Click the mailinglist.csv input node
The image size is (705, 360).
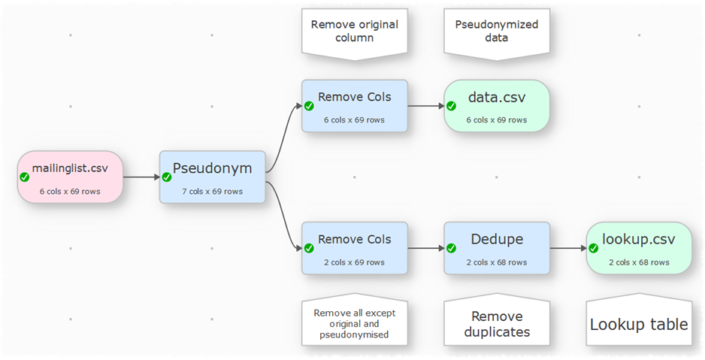[70, 177]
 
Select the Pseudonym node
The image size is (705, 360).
[212, 177]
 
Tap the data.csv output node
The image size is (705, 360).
[496, 106]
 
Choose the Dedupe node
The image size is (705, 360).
[496, 248]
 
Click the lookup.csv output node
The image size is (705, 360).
[638, 248]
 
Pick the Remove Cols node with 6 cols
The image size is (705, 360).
[354, 106]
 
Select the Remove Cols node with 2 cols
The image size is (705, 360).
[354, 248]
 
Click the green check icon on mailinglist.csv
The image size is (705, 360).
[25, 177]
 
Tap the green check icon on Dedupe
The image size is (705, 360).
[452, 249]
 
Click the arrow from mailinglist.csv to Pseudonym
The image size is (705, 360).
[141, 177]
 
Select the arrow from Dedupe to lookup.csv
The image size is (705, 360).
[567, 248]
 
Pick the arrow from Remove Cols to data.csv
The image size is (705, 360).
[425, 106]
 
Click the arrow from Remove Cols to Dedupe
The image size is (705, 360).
[425, 248]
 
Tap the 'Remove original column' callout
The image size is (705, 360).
[354, 31]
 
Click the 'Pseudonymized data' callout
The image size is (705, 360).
[496, 31]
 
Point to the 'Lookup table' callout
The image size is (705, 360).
[638, 324]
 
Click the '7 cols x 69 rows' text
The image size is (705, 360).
[212, 191]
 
